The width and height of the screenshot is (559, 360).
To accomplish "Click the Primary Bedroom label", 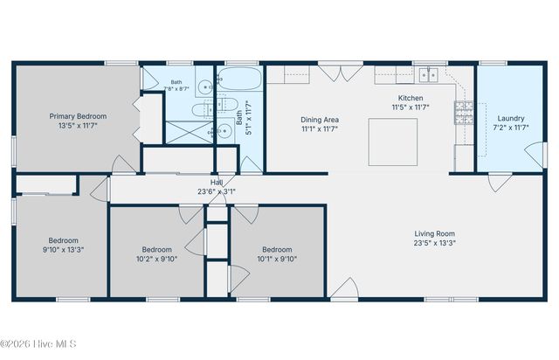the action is pyautogui.click(x=78, y=116).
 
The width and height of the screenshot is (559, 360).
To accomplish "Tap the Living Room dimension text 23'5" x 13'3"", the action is pyautogui.click(x=435, y=243).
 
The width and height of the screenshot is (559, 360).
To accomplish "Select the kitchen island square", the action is pyautogui.click(x=393, y=142).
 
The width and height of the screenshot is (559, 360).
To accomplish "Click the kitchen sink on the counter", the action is pyautogui.click(x=428, y=75).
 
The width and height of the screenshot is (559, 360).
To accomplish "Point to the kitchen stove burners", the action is pyautogui.click(x=464, y=113).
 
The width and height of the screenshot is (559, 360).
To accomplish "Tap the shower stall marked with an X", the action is pyautogui.click(x=190, y=132).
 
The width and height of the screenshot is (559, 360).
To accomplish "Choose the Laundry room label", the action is pyautogui.click(x=511, y=119).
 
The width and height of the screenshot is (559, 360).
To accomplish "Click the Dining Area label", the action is pyautogui.click(x=320, y=120).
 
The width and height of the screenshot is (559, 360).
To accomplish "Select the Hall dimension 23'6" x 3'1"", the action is pyautogui.click(x=217, y=191).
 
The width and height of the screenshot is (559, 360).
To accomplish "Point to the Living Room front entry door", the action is pyautogui.click(x=345, y=288).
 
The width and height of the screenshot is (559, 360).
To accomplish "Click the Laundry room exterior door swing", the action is pyautogui.click(x=534, y=155).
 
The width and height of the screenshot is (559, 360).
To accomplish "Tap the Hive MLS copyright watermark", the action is pyautogui.click(x=38, y=344).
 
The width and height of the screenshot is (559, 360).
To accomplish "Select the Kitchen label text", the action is pyautogui.click(x=411, y=98).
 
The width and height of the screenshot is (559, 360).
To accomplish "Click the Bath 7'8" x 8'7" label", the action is pyautogui.click(x=176, y=86).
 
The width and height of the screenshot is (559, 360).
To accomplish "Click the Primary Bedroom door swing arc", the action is pyautogui.click(x=124, y=164).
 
